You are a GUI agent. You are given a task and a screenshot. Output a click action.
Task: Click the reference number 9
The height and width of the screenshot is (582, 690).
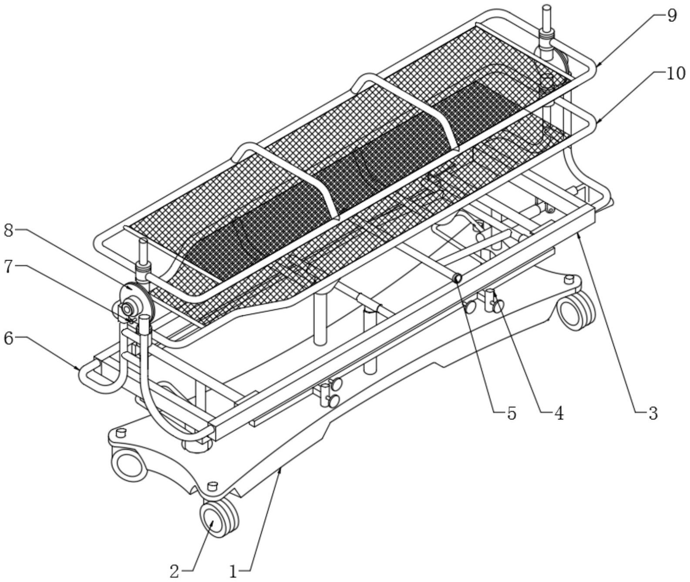[x=671, y=16]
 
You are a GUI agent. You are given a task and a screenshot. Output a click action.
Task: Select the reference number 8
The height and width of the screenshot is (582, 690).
[x=9, y=231]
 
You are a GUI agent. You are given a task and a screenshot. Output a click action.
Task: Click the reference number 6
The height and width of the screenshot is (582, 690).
[x=9, y=338]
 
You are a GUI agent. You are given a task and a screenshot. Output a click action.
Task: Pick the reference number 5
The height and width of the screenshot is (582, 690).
[x=512, y=414]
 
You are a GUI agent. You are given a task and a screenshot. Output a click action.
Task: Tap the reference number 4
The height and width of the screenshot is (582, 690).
[x=559, y=414]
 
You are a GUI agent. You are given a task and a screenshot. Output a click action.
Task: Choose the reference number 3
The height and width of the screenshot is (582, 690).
[x=653, y=414]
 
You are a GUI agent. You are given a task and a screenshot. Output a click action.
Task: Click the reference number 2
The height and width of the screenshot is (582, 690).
[x=174, y=571]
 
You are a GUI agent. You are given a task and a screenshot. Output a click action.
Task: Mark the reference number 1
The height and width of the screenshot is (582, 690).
[x=233, y=571]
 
